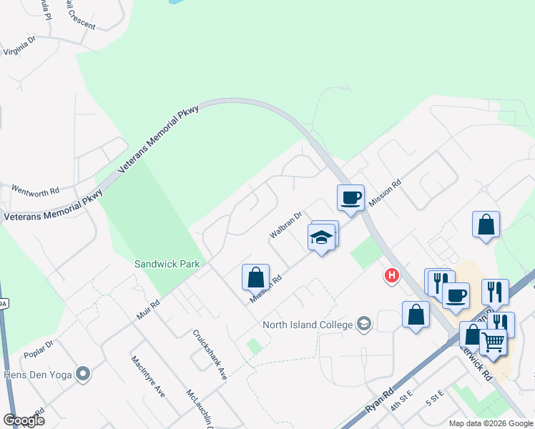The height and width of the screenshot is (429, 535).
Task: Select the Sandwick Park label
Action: click(x=167, y=264)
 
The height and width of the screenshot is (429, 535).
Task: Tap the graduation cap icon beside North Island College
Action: click(x=365, y=325)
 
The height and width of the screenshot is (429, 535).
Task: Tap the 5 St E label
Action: click(x=435, y=398)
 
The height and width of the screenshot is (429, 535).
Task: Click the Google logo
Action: click(x=24, y=420)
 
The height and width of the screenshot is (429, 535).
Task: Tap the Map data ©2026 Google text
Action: click(x=489, y=423)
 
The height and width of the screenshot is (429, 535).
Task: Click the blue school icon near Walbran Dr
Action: click(x=321, y=239)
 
